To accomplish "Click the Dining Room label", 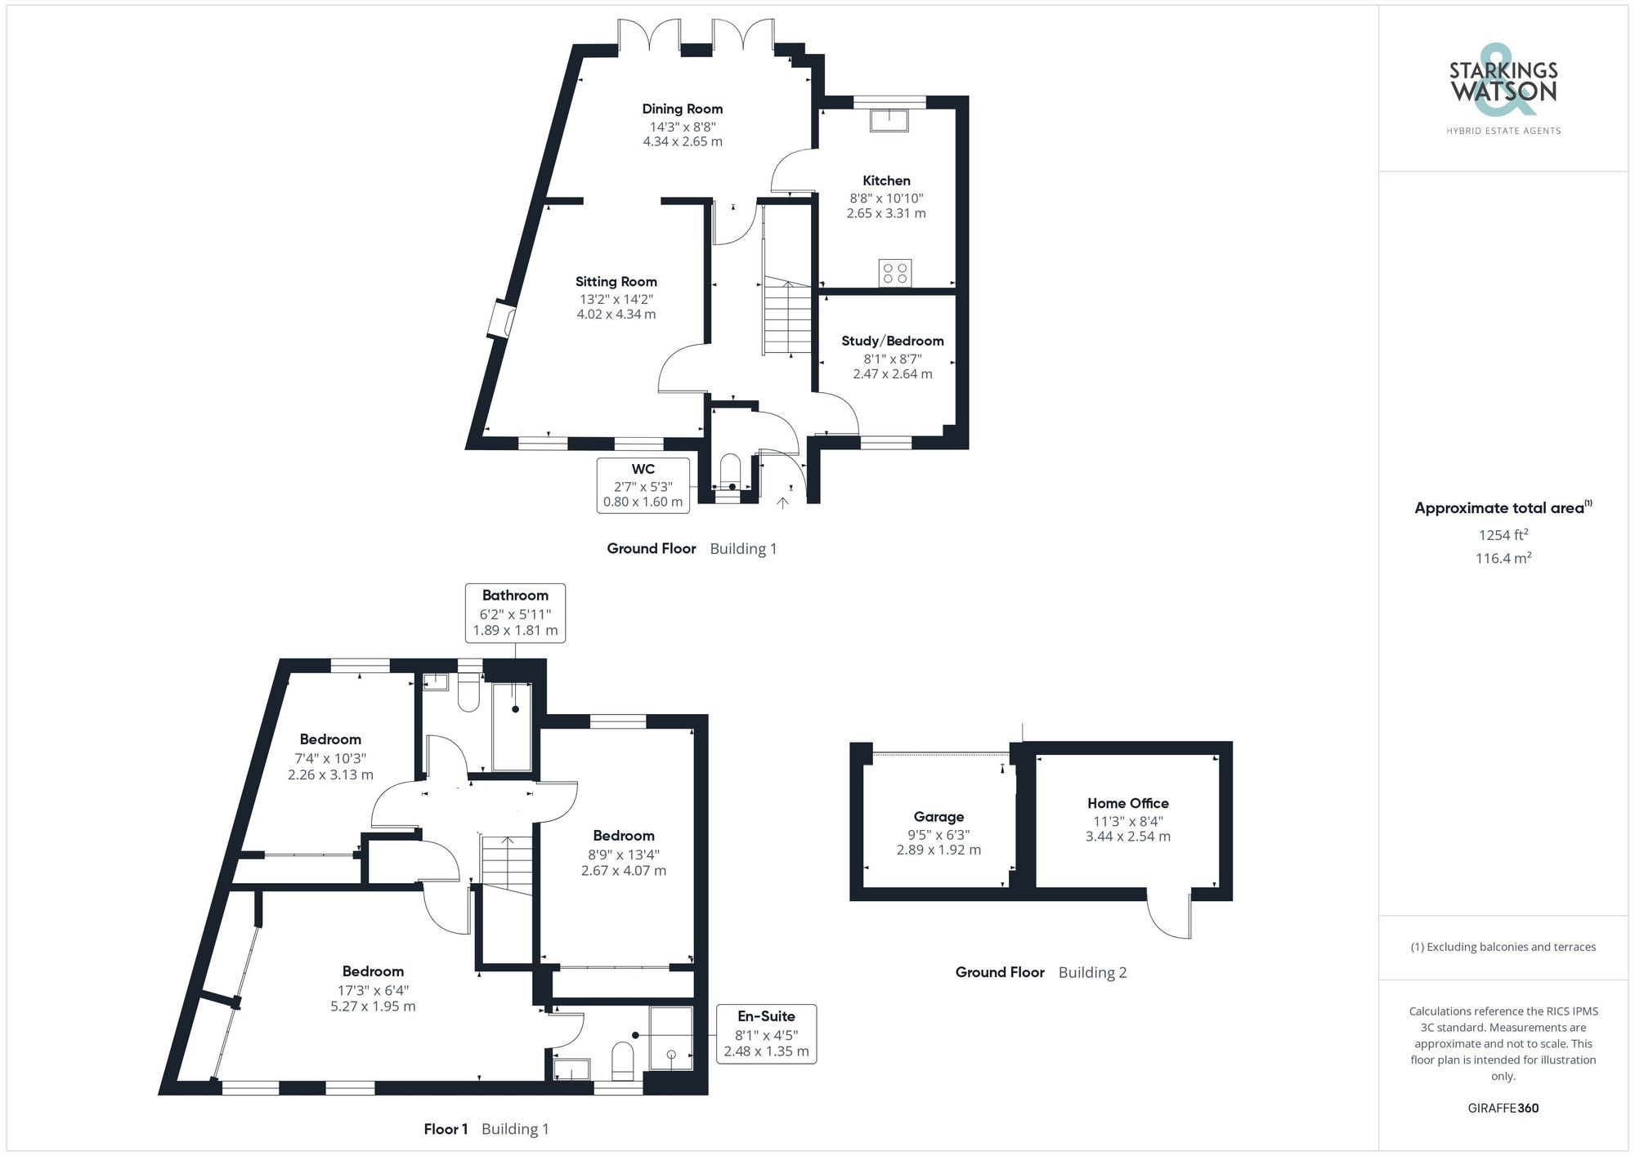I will coord(682,109).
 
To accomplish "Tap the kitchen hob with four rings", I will coord(894,273).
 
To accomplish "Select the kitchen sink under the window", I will coord(889,120).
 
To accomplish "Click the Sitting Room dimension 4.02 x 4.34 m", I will coord(616,315).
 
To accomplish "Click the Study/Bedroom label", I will coord(892,341).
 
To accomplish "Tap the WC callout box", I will coord(643,485).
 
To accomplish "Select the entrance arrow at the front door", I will coord(782,502).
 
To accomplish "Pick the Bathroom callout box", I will coord(515,613).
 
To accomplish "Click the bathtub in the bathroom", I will coord(512,726).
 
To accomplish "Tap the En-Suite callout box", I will coord(766,1033).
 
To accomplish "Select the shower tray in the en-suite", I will coord(671,1038).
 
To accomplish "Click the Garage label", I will coord(938,816).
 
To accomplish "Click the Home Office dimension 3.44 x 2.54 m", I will coord(1127,837).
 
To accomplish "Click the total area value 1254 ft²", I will coord(1503,535).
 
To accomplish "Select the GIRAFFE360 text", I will coord(1503,1108).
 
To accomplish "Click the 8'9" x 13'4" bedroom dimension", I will coord(623,855).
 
